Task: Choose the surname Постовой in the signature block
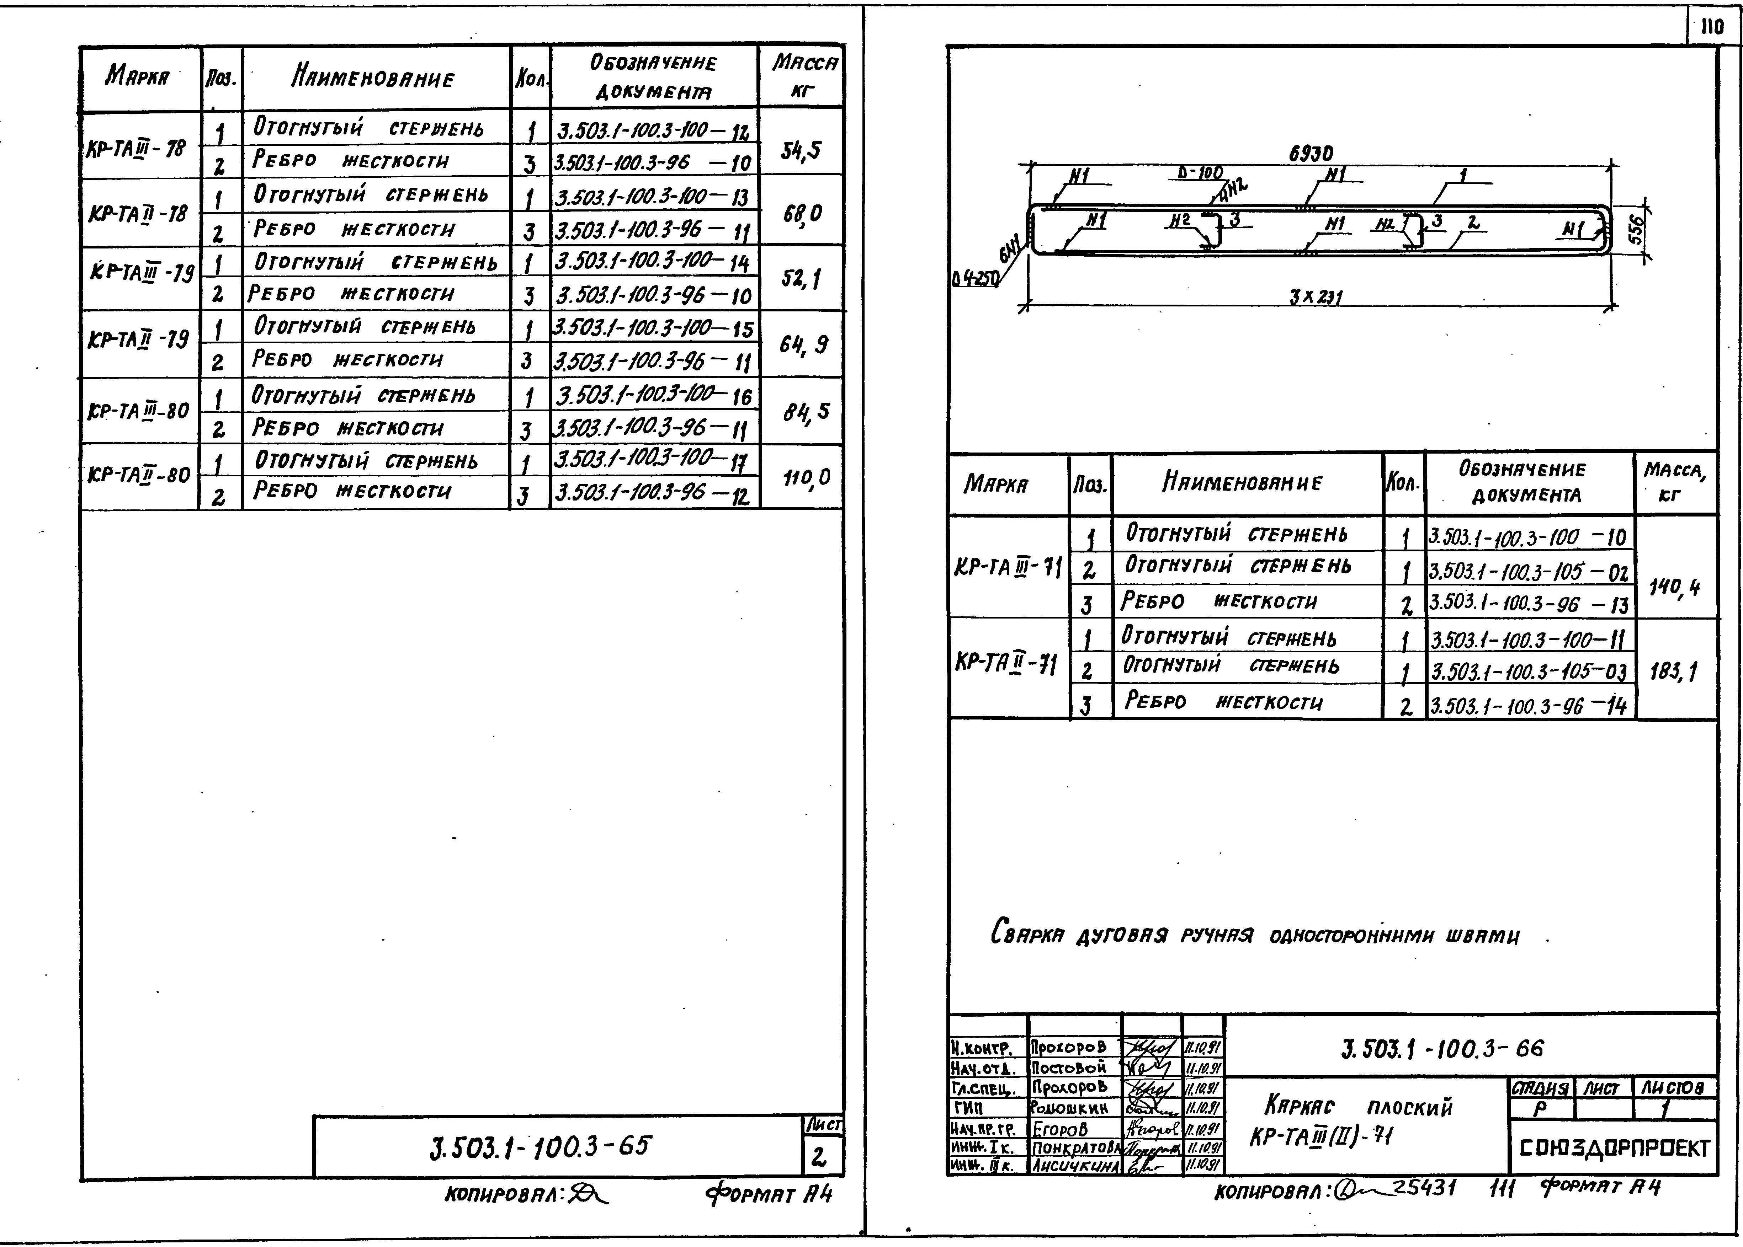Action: click(1069, 1067)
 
